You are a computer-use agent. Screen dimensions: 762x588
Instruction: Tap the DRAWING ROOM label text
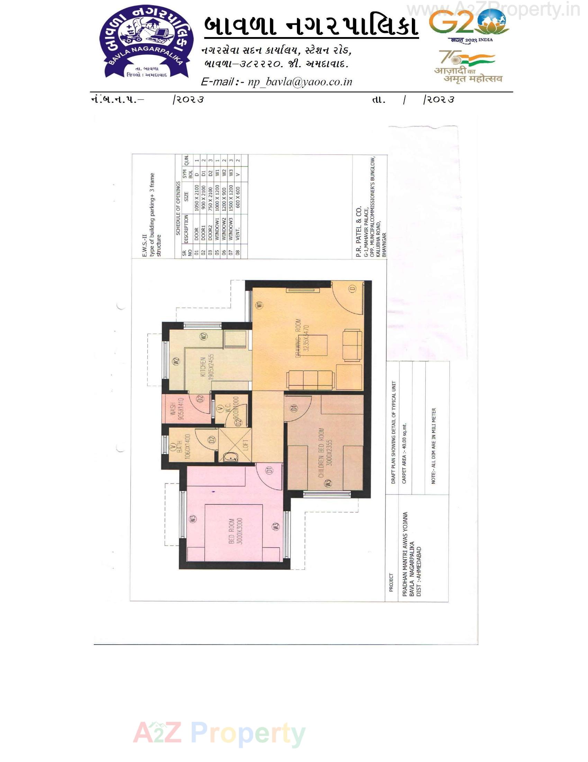302,338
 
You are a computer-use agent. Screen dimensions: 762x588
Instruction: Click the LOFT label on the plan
245,445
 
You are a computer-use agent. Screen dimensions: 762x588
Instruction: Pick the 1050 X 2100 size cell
197,197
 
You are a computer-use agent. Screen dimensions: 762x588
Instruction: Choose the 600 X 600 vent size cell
238,197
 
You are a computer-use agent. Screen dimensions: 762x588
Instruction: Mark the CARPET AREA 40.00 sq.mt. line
404,453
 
